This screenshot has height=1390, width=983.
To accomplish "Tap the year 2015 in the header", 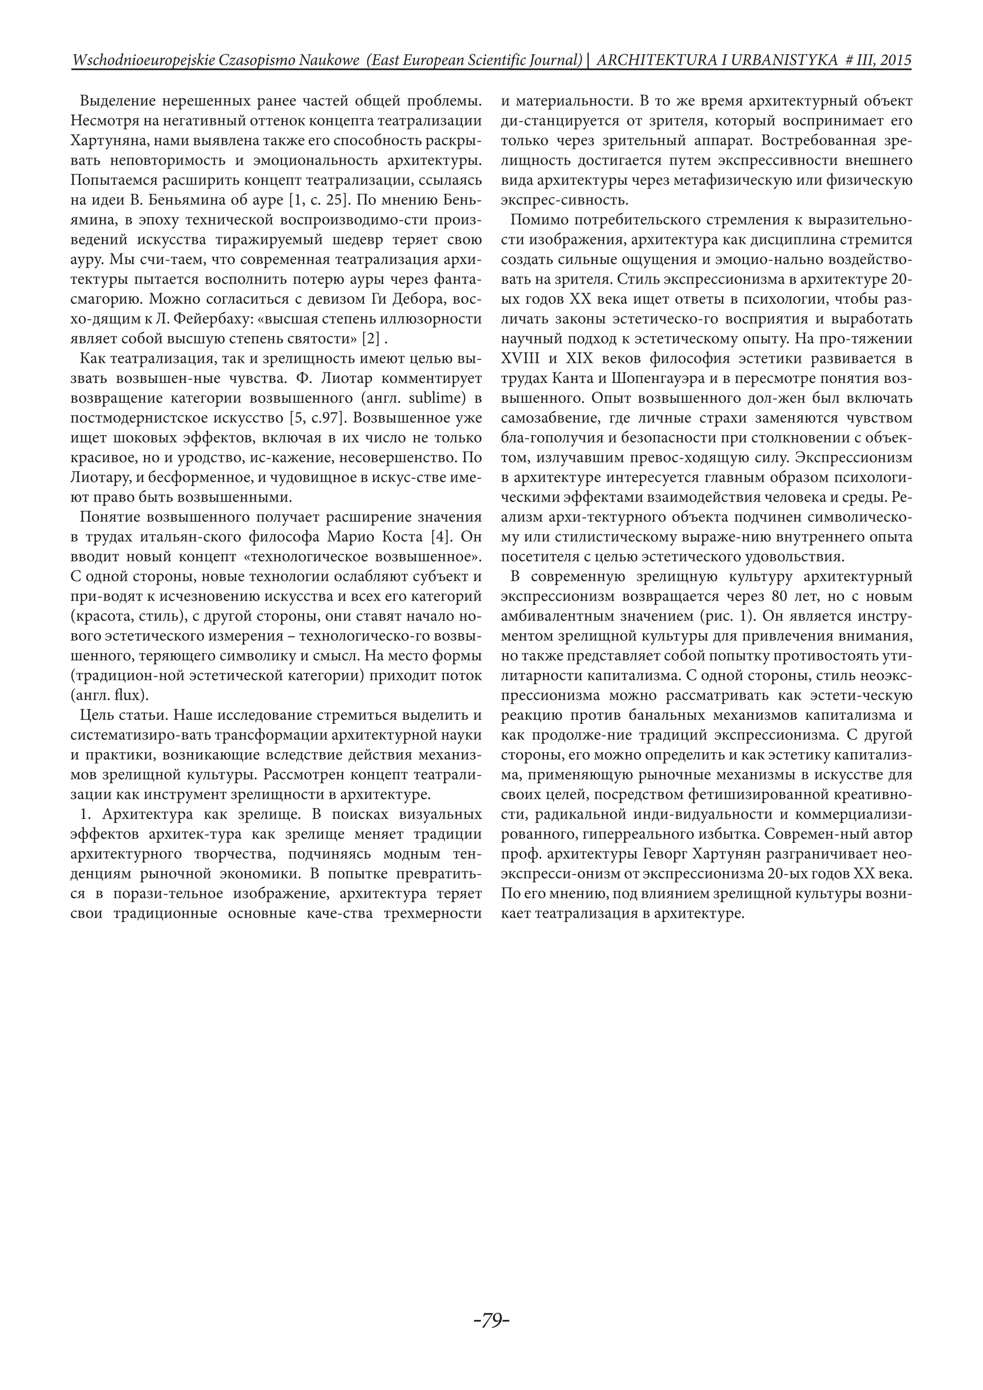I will [893, 60].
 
